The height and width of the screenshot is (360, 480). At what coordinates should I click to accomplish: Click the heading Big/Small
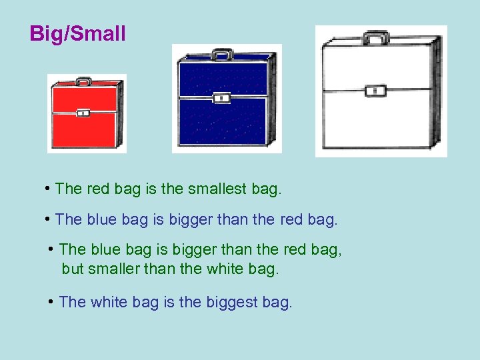point(77,34)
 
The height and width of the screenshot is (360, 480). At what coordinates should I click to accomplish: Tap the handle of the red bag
point(83,81)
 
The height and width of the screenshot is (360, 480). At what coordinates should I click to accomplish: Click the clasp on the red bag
point(83,113)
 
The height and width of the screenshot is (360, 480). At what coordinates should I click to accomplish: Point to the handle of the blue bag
point(223,53)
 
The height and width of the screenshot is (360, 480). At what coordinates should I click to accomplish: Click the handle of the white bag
point(376,38)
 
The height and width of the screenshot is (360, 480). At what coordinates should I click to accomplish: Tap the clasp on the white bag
point(376,90)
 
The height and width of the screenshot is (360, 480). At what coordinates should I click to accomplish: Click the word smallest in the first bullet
point(217,189)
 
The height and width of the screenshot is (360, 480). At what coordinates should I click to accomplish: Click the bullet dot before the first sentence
point(49,188)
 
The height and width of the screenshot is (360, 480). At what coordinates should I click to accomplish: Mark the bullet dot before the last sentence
point(51,301)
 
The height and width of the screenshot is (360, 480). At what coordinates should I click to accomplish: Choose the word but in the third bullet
point(73,269)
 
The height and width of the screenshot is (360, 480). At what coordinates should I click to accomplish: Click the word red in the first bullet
point(98,189)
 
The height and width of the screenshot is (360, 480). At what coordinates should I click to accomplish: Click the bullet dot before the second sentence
point(49,218)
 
